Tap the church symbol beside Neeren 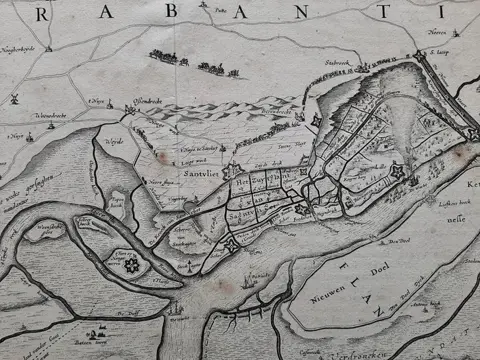click(x=417, y=29)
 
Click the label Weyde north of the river click(x=113, y=141)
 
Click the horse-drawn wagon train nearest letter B click(x=167, y=57)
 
